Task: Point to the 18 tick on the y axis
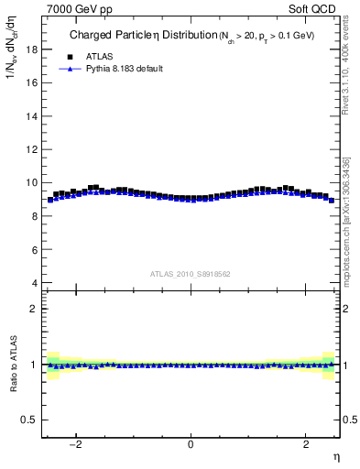[31, 49]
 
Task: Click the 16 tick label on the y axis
[31, 82]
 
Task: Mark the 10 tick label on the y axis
[31, 182]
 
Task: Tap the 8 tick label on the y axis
[34, 216]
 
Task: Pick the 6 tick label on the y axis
[34, 249]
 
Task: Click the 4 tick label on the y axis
[34, 283]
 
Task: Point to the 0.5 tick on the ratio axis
[29, 420]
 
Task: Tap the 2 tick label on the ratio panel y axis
[34, 309]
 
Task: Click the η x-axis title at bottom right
[335, 457]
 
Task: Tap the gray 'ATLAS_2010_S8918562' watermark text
[190, 273]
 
